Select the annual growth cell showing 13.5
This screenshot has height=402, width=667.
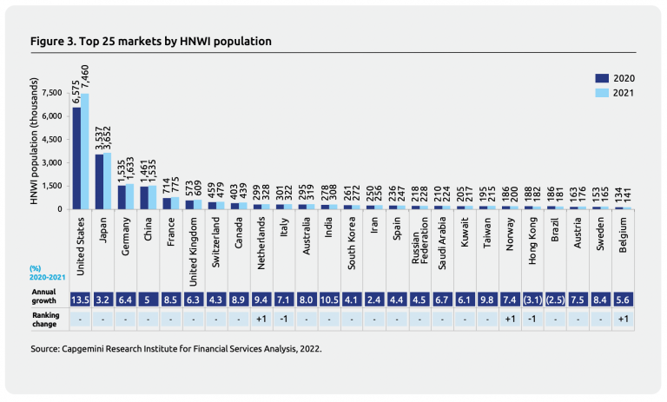pos(81,300)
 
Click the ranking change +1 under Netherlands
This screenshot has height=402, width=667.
pos(261,320)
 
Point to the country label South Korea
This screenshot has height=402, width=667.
pos(352,246)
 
